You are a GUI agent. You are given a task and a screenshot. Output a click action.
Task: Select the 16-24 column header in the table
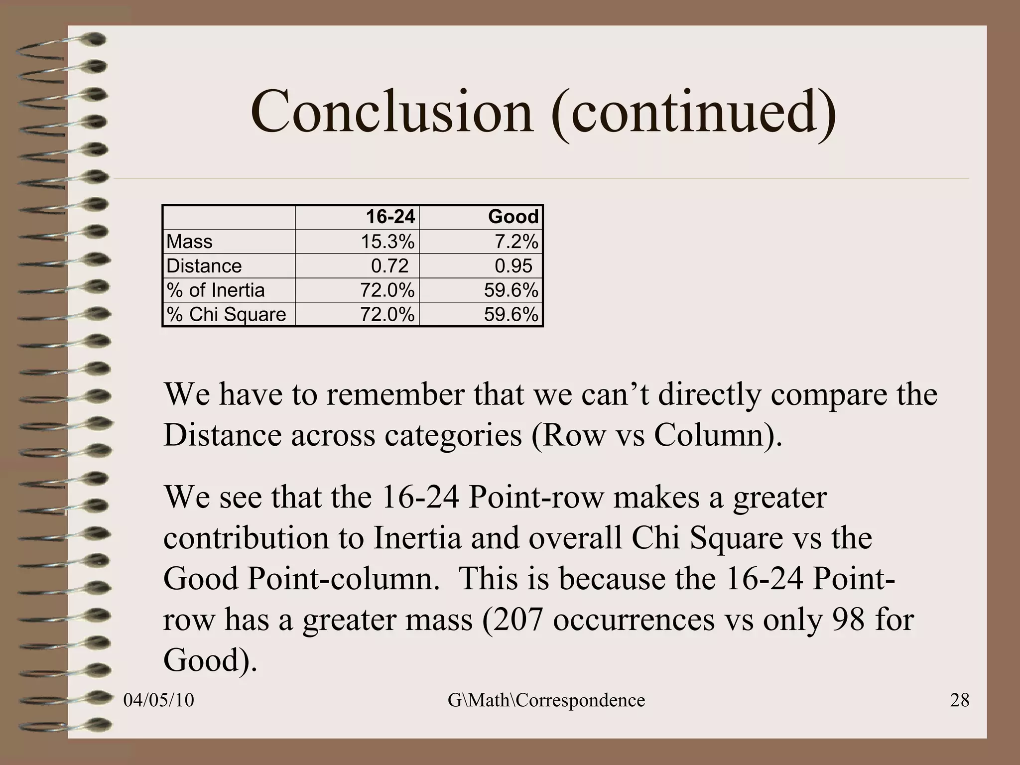[390, 217]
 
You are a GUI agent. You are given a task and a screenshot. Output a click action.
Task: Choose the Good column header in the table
[513, 217]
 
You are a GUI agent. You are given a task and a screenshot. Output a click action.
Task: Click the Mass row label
[189, 242]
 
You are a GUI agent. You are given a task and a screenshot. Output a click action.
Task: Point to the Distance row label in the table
[204, 266]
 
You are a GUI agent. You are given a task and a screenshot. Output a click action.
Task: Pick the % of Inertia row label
[215, 290]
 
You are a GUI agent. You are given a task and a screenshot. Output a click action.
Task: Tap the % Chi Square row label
[226, 315]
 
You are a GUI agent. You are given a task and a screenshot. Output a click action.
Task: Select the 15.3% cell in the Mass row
[387, 242]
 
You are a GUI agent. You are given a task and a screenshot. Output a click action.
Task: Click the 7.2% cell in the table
[516, 242]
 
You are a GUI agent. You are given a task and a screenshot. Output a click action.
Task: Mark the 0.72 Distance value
[389, 266]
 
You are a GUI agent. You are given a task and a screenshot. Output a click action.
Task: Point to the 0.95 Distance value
[513, 266]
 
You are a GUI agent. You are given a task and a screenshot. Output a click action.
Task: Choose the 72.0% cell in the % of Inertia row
[387, 290]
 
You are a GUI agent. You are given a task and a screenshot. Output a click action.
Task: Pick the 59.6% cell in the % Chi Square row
[511, 315]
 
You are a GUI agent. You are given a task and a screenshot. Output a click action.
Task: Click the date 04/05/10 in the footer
[158, 700]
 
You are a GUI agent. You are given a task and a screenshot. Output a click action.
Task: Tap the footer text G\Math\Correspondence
[546, 700]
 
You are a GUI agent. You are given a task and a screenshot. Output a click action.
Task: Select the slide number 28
[960, 700]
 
